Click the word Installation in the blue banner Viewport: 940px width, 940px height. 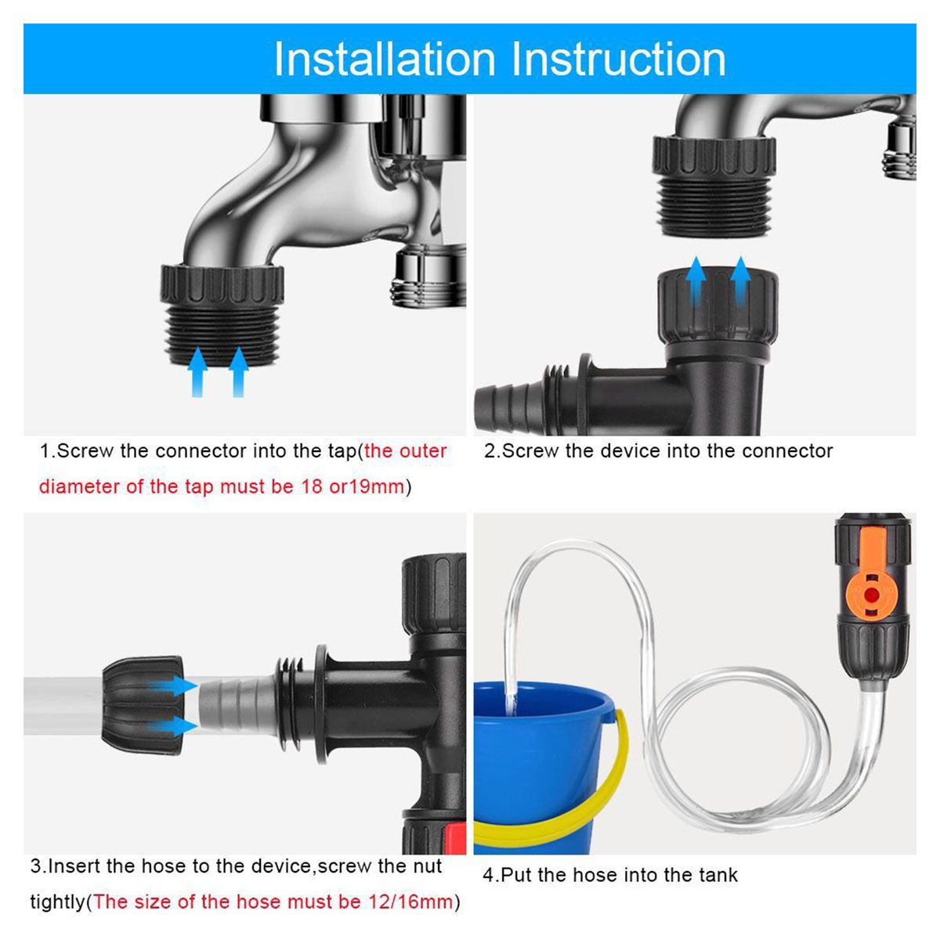pyautogui.click(x=385, y=59)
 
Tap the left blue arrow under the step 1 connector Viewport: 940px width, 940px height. pyautogui.click(x=197, y=372)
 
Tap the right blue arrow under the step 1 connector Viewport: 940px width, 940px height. pyautogui.click(x=239, y=372)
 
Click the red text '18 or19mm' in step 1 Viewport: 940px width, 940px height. pyautogui.click(x=352, y=486)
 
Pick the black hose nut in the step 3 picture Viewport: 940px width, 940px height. pyautogui.click(x=143, y=705)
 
